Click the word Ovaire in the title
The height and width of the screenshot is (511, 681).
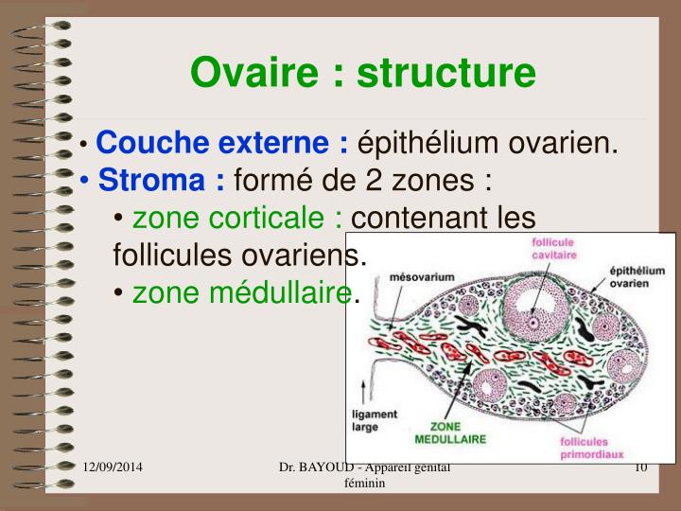point(248,72)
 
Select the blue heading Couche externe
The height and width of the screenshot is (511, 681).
point(222,144)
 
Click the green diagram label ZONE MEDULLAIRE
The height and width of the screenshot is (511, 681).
point(450,432)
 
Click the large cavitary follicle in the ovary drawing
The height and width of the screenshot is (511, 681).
point(532,318)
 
